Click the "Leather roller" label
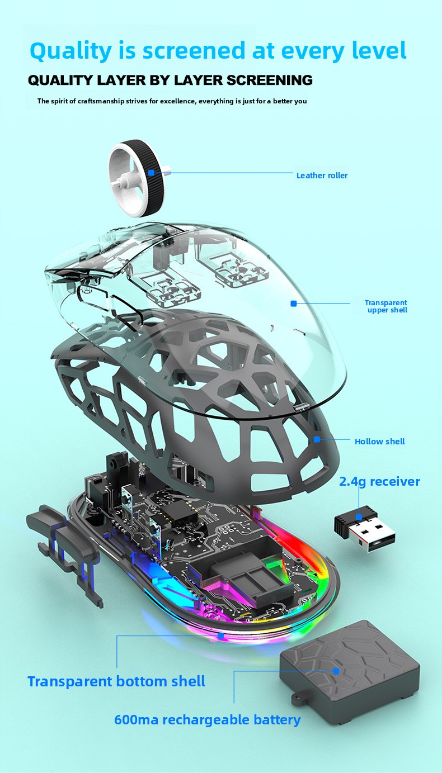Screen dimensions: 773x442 pyautogui.click(x=322, y=176)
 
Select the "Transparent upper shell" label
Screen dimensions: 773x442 pyautogui.click(x=387, y=306)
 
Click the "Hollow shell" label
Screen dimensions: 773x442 pyautogui.click(x=379, y=442)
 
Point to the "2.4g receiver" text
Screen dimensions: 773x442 pyautogui.click(x=379, y=481)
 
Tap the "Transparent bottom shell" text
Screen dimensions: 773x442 pyautogui.click(x=116, y=681)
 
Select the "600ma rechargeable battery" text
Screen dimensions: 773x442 pyautogui.click(x=207, y=719)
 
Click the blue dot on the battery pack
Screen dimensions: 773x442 pyautogui.click(x=336, y=671)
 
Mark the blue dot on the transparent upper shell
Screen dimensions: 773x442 pyautogui.click(x=293, y=303)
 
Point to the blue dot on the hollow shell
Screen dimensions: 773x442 pyautogui.click(x=317, y=439)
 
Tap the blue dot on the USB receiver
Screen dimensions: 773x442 pyautogui.click(x=359, y=517)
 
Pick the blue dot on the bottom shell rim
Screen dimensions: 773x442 pyautogui.click(x=221, y=636)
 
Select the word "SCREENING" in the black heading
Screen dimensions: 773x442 pyautogui.click(x=270, y=80)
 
